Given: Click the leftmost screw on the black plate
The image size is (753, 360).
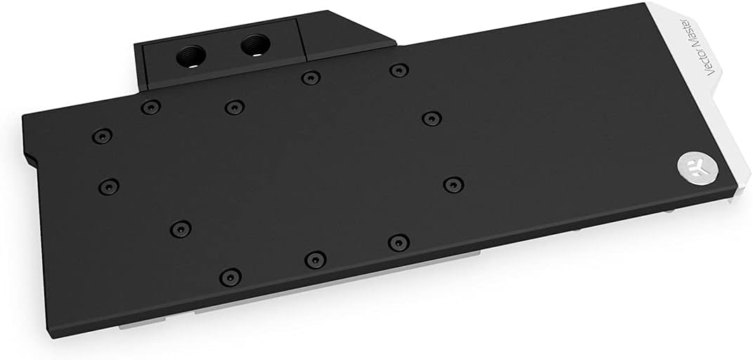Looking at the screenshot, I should coord(102,136).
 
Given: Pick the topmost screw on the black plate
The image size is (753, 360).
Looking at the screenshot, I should coord(399,70).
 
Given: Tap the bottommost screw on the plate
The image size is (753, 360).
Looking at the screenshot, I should coord(229,276).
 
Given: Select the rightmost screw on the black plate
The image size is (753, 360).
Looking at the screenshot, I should coord(453,184).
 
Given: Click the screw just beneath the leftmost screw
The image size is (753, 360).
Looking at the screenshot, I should coord(108,186).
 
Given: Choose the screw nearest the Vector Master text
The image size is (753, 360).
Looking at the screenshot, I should coord(432,118).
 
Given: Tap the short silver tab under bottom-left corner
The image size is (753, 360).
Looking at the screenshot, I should coord(134,325).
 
